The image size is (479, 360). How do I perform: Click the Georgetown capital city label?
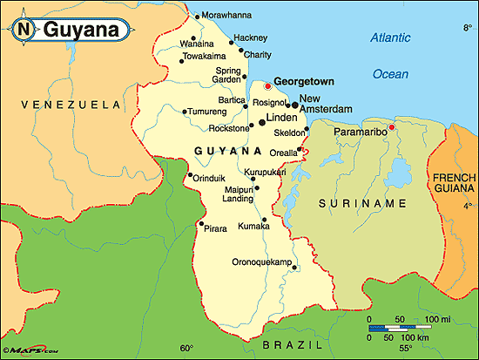tap(304, 81)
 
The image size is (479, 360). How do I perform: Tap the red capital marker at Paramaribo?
tap(392, 127)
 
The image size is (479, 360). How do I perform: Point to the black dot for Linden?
tap(261, 123)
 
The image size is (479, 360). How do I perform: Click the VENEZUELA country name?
tap(58, 105)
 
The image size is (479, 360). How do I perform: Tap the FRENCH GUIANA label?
tap(453, 184)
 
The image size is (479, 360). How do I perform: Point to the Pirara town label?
tap(216, 228)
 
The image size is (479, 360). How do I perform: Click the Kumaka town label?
tap(254, 226)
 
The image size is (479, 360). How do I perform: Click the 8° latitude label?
tap(467, 29)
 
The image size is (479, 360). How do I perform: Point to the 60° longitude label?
tap(186, 347)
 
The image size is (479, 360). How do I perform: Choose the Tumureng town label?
tap(209, 111)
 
